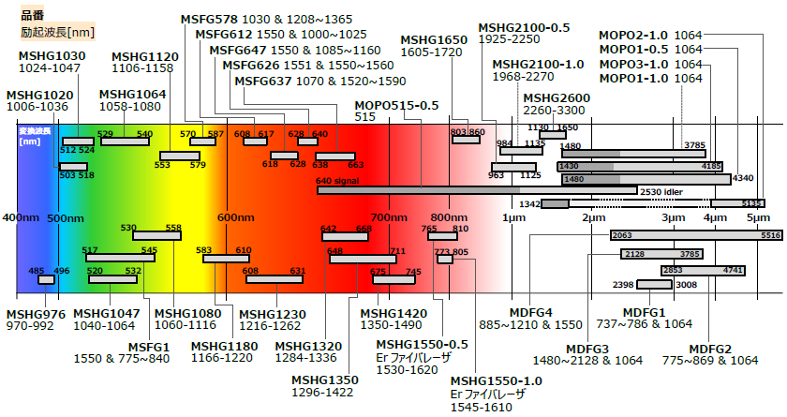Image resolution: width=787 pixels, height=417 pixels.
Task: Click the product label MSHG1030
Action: pos(51,56)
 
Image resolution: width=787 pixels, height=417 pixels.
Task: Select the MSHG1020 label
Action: pos(38,96)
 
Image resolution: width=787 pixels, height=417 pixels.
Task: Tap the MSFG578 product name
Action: pos(212,19)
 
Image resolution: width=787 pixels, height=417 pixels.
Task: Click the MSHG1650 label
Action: pos(434,40)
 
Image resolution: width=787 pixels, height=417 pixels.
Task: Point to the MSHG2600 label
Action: pos(557,98)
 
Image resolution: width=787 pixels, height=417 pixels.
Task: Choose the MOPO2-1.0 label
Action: pos(633,36)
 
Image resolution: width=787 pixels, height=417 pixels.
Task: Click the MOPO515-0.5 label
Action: pos(396,105)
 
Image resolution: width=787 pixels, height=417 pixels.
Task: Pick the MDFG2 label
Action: pos(709,349)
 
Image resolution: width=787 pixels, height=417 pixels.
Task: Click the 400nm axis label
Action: pos(21,218)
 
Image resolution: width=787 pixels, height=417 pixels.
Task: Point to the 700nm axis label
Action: pos(386,218)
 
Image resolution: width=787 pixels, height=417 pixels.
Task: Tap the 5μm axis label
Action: pos(758,218)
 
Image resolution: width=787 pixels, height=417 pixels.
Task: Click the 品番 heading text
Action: pos(33,16)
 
